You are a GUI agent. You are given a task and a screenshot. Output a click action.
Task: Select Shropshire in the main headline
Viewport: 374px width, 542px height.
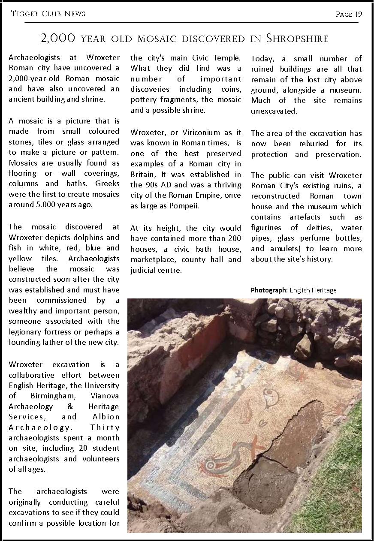[297, 39]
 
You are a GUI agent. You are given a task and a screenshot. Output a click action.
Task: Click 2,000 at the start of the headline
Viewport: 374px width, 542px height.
[58, 39]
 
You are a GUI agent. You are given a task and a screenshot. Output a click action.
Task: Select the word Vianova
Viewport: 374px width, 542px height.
[105, 395]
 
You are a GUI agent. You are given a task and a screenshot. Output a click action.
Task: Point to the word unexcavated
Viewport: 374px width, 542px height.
[274, 111]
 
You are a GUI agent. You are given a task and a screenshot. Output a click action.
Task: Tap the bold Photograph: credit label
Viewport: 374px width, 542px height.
[269, 290]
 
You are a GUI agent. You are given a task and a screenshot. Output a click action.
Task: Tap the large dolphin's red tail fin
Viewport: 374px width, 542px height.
[253, 444]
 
